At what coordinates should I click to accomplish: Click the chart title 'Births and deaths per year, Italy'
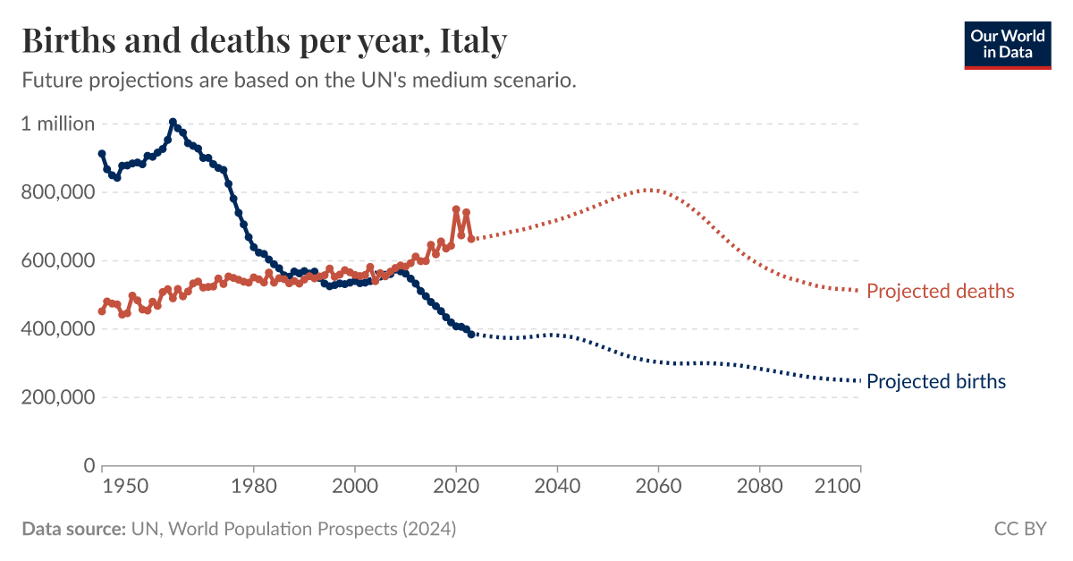[265, 41]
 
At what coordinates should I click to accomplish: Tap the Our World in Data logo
[1007, 42]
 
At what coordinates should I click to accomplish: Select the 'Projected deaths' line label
[941, 291]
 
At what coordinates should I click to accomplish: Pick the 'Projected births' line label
[936, 382]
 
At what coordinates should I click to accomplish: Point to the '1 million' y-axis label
[58, 124]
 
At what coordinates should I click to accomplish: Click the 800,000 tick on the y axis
[58, 192]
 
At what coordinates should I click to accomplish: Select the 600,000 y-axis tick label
[58, 261]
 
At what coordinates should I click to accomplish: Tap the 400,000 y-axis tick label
[58, 329]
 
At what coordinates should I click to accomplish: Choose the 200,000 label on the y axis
[58, 397]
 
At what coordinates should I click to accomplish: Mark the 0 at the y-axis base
[89, 466]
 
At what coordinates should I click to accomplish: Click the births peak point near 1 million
[173, 123]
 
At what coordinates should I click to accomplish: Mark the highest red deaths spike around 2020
[456, 209]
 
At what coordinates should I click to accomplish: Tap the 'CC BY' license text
[1019, 530]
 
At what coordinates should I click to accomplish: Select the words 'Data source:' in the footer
[73, 530]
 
